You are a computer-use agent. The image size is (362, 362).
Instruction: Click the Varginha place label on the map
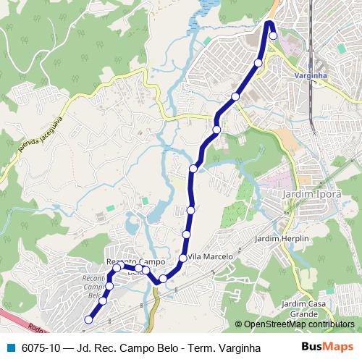(312, 75)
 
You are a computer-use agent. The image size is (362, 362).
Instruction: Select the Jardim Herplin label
(282, 238)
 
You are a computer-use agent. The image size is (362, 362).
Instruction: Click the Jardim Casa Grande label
(300, 310)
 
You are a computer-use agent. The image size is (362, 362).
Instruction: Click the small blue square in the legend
(9, 348)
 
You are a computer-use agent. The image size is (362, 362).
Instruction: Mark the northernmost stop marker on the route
(273, 35)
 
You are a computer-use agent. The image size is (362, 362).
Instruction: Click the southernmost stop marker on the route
(89, 319)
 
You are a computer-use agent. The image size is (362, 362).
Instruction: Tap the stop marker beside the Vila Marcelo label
(183, 258)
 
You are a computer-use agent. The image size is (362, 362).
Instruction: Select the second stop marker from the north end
(258, 63)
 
